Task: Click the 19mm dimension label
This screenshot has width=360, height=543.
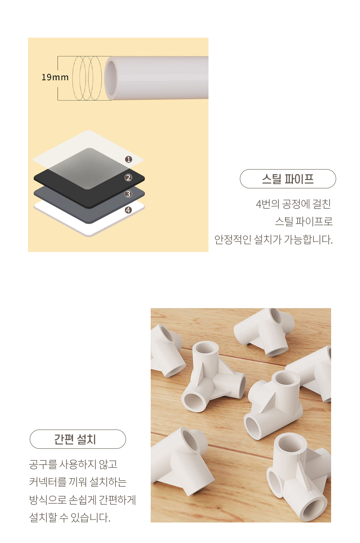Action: (x=55, y=77)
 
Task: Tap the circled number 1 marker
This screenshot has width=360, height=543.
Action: (x=129, y=159)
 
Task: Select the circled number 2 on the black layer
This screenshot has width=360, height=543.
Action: (x=129, y=178)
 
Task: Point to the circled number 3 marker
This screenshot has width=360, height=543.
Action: (x=129, y=194)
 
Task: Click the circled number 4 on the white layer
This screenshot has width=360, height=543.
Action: (x=129, y=210)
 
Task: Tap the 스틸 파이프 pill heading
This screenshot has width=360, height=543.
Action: (x=288, y=179)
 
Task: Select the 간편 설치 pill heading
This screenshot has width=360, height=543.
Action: (x=78, y=439)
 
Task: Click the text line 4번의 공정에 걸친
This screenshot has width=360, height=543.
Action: (x=293, y=204)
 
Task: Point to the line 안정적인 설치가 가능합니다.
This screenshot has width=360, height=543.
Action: (x=273, y=240)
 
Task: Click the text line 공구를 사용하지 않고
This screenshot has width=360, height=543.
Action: (x=73, y=464)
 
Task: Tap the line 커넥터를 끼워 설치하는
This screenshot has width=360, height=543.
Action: (x=78, y=482)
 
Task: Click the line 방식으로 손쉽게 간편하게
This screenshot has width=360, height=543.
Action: (x=82, y=500)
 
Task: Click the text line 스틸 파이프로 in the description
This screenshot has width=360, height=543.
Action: (x=304, y=221)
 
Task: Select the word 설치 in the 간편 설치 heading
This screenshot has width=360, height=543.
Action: (x=86, y=439)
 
